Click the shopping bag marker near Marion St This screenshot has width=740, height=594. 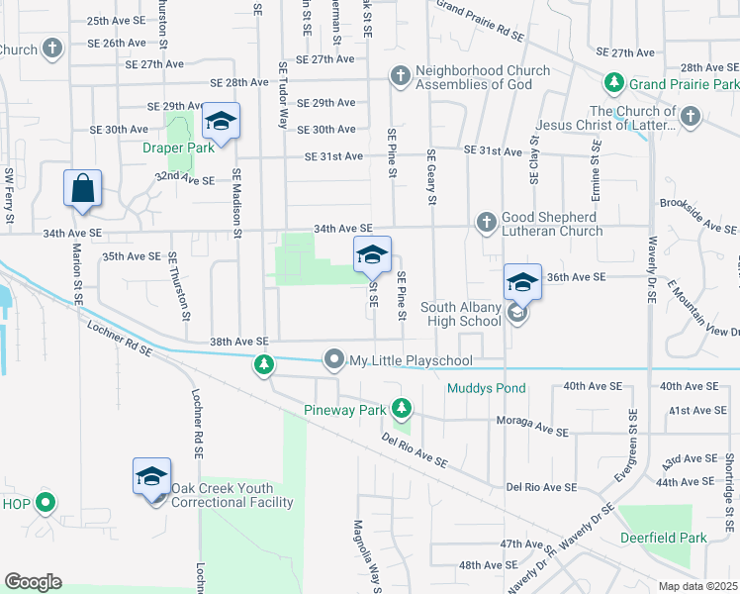pyautogui.click(x=83, y=188)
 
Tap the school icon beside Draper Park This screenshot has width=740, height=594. pyautogui.click(x=222, y=122)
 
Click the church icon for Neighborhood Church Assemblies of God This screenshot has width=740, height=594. pyautogui.click(x=400, y=75)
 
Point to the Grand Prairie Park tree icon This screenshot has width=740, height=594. pyautogui.click(x=614, y=82)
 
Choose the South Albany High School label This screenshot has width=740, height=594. pyautogui.click(x=460, y=314)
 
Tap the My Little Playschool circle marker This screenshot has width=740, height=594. pyautogui.click(x=334, y=360)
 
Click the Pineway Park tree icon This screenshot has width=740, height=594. pyautogui.click(x=401, y=408)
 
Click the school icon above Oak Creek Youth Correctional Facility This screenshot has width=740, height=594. pyautogui.click(x=152, y=476)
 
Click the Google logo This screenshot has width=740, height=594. pyautogui.click(x=32, y=582)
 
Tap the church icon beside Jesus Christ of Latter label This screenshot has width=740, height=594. pyautogui.click(x=691, y=118)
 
